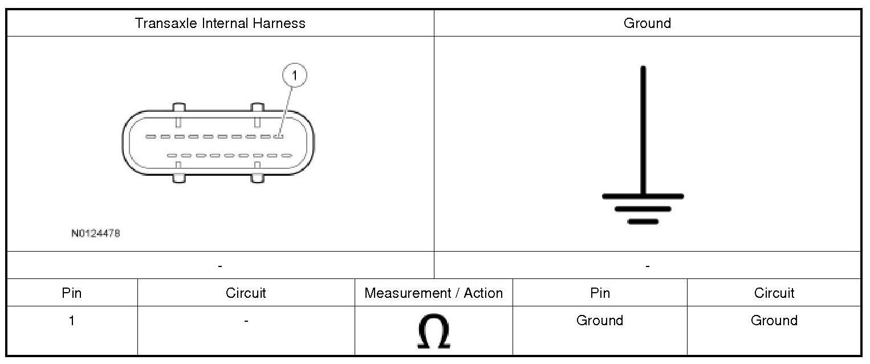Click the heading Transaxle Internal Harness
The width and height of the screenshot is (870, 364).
(x=220, y=23)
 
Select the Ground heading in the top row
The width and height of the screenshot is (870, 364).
(x=647, y=23)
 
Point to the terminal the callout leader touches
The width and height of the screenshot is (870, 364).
(x=279, y=136)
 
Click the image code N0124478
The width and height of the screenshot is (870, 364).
(x=96, y=233)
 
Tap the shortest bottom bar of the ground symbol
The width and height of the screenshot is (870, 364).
(x=643, y=221)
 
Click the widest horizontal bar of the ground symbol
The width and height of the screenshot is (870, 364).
(x=643, y=196)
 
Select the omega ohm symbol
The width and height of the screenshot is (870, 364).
(x=434, y=332)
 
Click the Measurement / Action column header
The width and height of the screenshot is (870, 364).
(x=434, y=293)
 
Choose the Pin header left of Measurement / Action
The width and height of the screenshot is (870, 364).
(x=72, y=293)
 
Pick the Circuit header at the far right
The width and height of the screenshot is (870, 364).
(x=774, y=293)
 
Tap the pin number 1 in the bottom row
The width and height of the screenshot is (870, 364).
(x=72, y=321)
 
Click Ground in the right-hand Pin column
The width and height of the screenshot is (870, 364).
(x=600, y=321)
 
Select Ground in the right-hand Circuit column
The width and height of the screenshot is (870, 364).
(x=774, y=321)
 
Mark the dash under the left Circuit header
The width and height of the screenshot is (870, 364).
(x=246, y=321)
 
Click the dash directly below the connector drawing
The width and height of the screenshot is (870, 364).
(x=220, y=266)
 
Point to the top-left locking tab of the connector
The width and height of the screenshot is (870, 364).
(x=178, y=108)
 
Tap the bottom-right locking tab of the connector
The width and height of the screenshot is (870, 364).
(x=258, y=177)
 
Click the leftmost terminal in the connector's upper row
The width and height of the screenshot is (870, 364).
(x=151, y=137)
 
